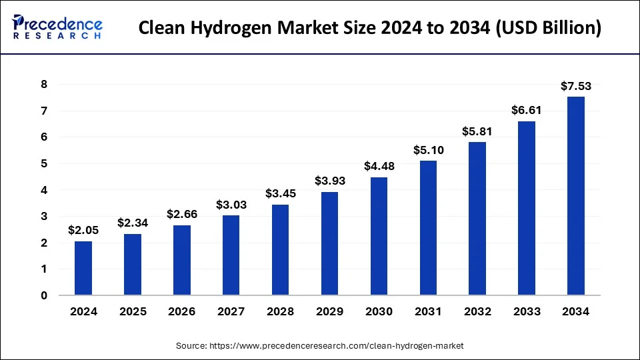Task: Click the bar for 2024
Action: pyautogui.click(x=83, y=268)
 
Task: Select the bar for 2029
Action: pyautogui.click(x=329, y=243)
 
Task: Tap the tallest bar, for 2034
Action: pyautogui.click(x=576, y=196)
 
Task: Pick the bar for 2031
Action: pyautogui.click(x=428, y=228)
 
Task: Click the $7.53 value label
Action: pyautogui.click(x=576, y=86)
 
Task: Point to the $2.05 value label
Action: pyautogui.click(x=83, y=230)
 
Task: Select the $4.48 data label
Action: pyautogui.click(x=379, y=166)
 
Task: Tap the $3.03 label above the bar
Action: pyautogui.click(x=231, y=205)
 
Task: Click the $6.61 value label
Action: pyautogui.click(x=527, y=110)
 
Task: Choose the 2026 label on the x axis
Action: pyautogui.click(x=182, y=311)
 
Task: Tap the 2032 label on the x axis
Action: pyautogui.click(x=477, y=311)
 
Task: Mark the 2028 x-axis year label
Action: pyautogui.click(x=281, y=311)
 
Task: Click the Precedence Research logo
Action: pyautogui.click(x=57, y=27)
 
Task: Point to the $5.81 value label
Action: pyautogui.click(x=477, y=131)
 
